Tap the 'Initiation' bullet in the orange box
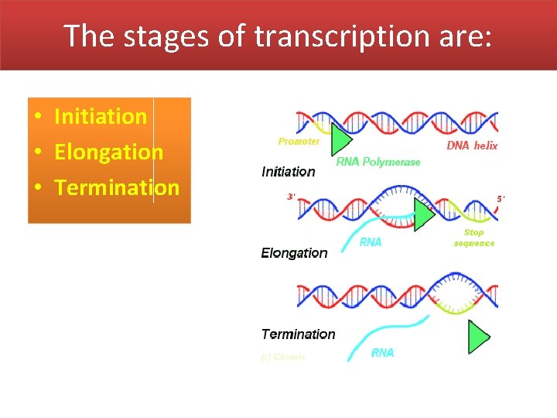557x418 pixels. pyautogui.click(x=100, y=116)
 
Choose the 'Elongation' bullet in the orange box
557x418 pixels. pyautogui.click(x=108, y=152)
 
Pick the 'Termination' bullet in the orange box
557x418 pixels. pyautogui.click(x=117, y=187)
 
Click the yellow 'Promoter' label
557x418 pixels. pyautogui.click(x=299, y=142)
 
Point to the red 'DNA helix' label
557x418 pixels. pyautogui.click(x=472, y=146)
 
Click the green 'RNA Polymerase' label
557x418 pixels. pyautogui.click(x=378, y=162)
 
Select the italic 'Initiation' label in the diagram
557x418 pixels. pyautogui.click(x=289, y=172)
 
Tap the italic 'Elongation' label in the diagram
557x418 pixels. pyautogui.click(x=294, y=253)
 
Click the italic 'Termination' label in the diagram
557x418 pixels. pyautogui.click(x=298, y=334)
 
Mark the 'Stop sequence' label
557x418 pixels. pyautogui.click(x=473, y=238)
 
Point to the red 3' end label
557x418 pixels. pyautogui.click(x=291, y=197)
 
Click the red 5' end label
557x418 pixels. pyautogui.click(x=500, y=199)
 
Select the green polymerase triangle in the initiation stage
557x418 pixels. pyautogui.click(x=340, y=139)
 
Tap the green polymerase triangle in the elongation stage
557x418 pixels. pyautogui.click(x=423, y=214)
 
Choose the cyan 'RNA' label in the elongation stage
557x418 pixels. pyautogui.click(x=371, y=242)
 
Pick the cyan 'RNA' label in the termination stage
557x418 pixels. pyautogui.click(x=382, y=353)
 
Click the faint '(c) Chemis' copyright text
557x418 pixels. pyautogui.click(x=283, y=357)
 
